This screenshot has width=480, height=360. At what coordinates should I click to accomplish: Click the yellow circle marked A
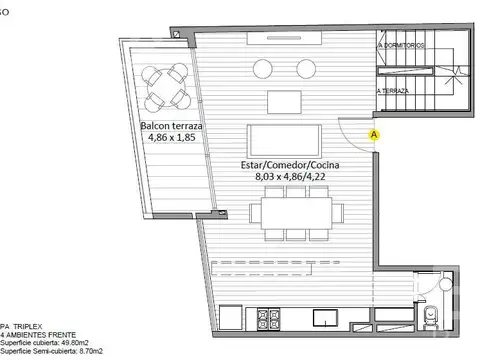tap(374, 133)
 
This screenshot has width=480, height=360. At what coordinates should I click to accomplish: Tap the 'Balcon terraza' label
tap(171, 125)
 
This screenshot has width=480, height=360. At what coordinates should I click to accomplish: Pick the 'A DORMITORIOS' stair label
tap(401, 47)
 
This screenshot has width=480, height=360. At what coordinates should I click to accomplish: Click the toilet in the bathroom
tap(433, 317)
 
